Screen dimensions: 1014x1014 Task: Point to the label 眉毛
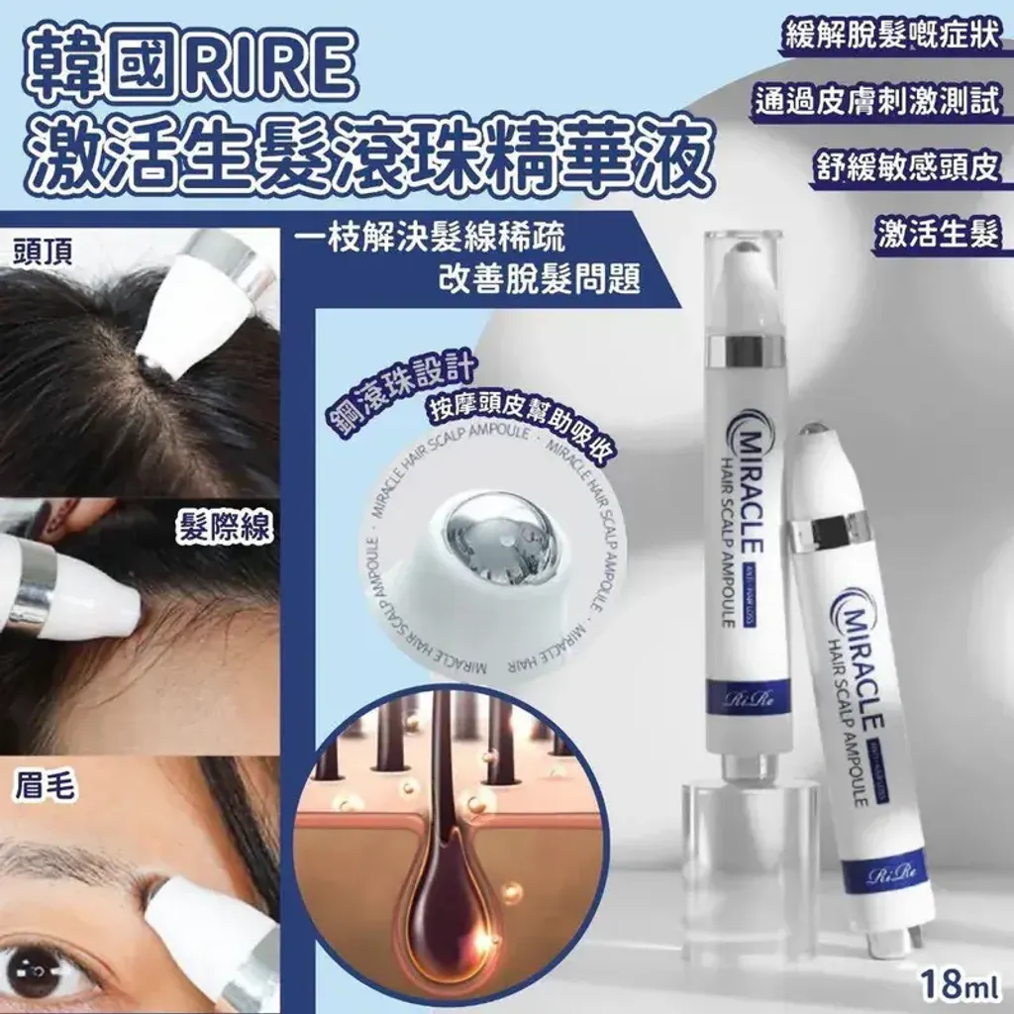coord(41,787)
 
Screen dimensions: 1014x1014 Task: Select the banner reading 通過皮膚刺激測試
coord(878,102)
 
